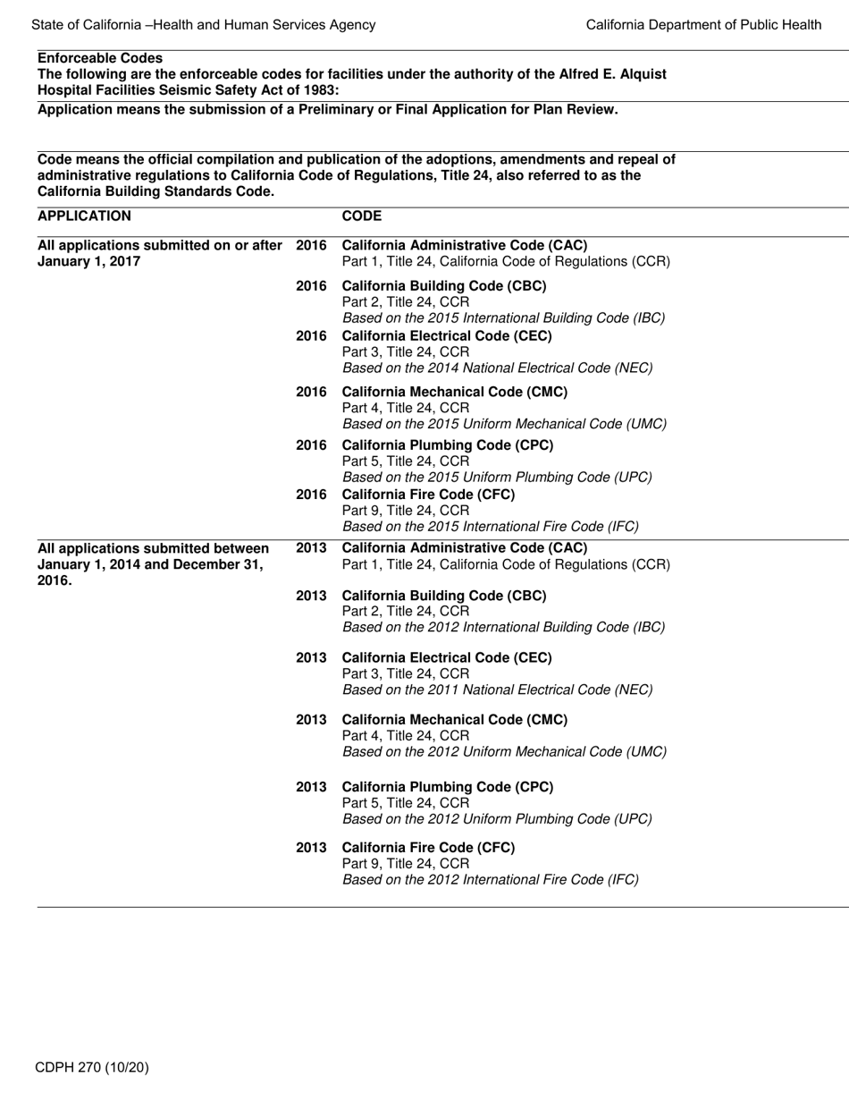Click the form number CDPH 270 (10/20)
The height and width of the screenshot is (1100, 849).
click(x=92, y=1067)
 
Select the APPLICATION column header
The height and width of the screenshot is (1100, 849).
click(x=84, y=216)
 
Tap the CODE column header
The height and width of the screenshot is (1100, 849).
click(x=361, y=216)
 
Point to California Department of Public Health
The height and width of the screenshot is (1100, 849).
click(x=703, y=25)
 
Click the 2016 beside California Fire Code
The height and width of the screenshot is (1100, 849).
click(x=311, y=495)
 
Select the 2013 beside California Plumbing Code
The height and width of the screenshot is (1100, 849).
click(x=311, y=787)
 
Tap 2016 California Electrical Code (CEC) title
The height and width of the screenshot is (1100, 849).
click(x=447, y=336)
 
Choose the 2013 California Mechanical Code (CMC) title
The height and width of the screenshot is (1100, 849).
click(x=454, y=719)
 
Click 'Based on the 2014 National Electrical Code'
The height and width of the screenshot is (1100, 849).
click(x=497, y=368)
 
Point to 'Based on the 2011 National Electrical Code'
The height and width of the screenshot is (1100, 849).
click(x=497, y=690)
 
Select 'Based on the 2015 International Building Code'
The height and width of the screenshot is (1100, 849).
click(x=503, y=317)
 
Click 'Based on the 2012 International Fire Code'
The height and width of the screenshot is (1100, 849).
click(x=490, y=879)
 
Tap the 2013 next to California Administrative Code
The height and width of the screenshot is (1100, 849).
click(x=311, y=547)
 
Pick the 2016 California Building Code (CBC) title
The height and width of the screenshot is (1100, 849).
click(x=444, y=286)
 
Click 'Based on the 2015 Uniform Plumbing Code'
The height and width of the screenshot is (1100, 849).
click(x=497, y=477)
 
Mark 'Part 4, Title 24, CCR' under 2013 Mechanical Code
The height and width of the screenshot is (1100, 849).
click(x=405, y=735)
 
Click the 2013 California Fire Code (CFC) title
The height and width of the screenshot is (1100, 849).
click(x=428, y=847)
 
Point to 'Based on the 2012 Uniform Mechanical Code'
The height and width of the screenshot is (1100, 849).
click(x=504, y=751)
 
